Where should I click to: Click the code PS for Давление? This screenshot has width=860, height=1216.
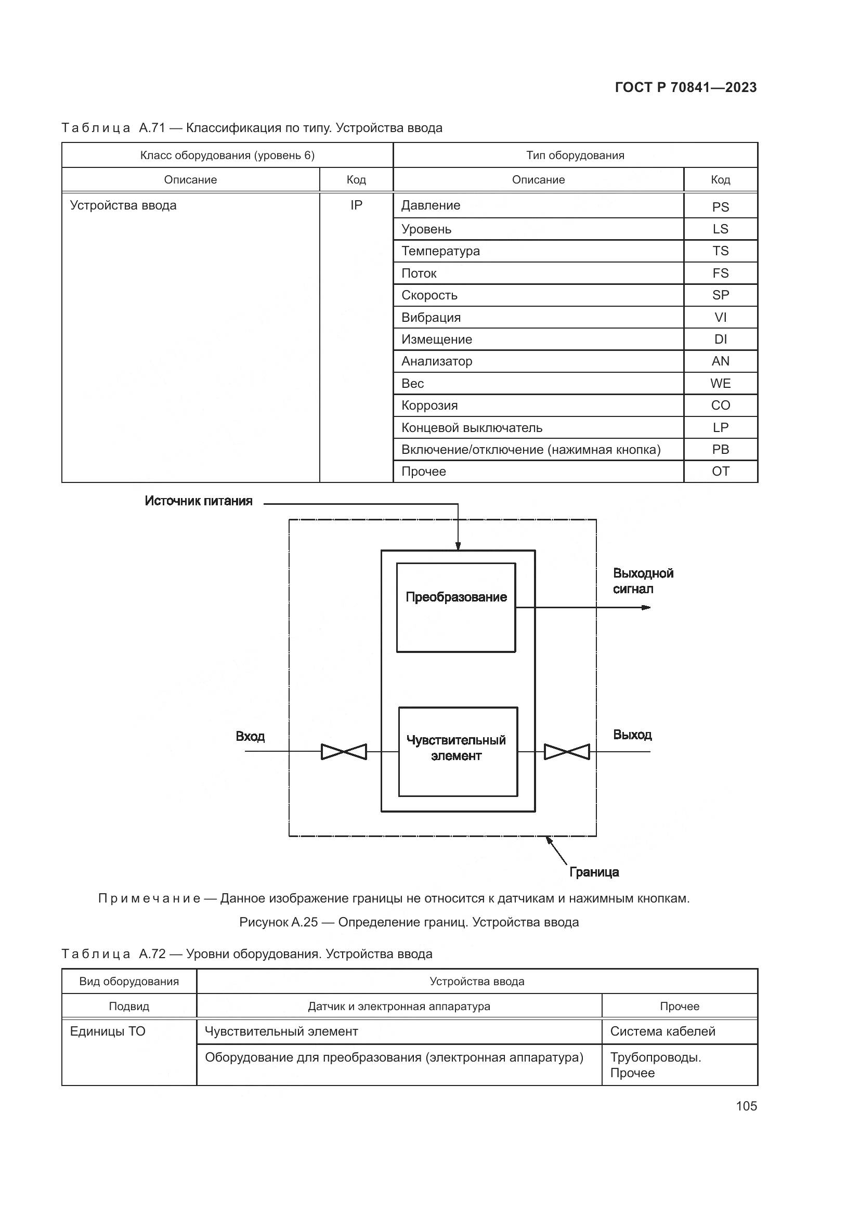[720, 207]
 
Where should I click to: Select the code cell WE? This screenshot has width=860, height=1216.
[720, 384]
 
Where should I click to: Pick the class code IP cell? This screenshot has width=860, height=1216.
[356, 205]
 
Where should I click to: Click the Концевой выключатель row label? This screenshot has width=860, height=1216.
[472, 428]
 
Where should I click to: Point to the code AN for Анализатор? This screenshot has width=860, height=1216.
[720, 361]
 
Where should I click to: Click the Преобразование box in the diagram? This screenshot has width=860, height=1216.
[456, 607]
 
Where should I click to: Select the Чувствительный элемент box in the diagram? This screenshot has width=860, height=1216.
[458, 751]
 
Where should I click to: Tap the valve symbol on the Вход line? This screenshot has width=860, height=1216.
[344, 752]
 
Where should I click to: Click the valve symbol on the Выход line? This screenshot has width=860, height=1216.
[567, 752]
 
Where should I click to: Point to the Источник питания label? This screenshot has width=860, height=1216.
[199, 501]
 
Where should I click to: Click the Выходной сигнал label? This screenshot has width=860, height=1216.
[643, 581]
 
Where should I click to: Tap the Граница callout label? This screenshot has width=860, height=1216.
[594, 872]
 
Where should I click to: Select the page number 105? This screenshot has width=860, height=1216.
[746, 1106]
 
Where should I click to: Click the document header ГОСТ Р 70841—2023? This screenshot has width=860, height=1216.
[686, 87]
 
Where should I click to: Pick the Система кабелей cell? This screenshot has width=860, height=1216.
[662, 1031]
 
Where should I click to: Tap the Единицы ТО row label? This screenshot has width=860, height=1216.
[108, 1031]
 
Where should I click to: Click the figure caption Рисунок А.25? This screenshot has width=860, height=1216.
[409, 922]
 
